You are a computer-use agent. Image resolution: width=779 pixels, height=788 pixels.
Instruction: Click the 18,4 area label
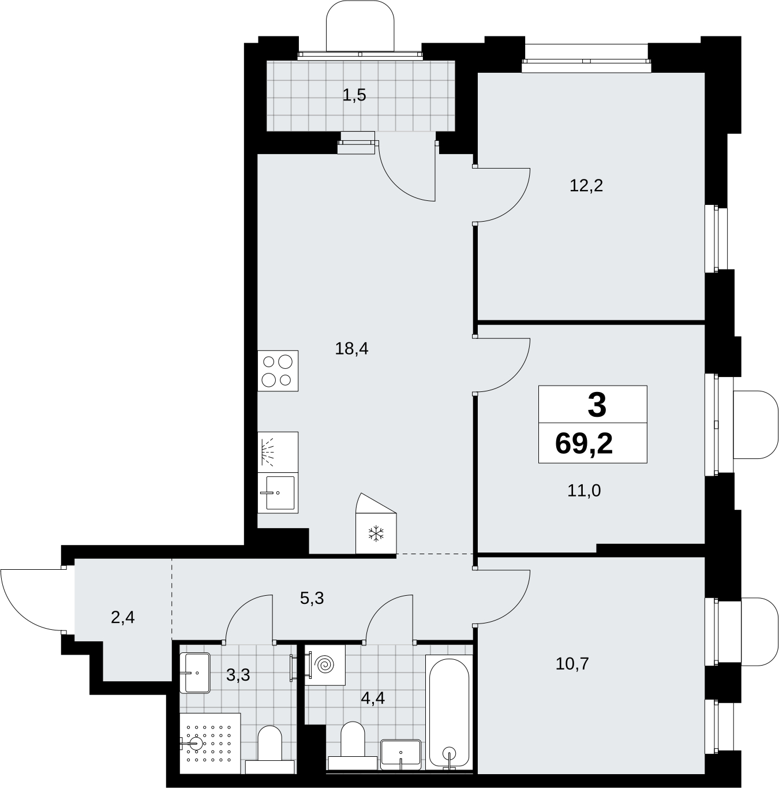(x=351, y=349)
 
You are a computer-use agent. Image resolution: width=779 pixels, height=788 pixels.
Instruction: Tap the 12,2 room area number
(x=586, y=186)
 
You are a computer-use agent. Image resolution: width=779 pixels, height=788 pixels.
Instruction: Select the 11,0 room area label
(x=584, y=490)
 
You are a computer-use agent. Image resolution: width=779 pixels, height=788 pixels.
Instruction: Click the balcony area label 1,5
(x=354, y=95)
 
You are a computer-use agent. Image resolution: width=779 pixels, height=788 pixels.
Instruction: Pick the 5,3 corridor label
(x=312, y=598)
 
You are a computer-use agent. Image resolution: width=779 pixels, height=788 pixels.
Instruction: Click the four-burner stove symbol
(x=278, y=371)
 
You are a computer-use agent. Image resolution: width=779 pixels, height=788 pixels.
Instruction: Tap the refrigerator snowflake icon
(x=376, y=533)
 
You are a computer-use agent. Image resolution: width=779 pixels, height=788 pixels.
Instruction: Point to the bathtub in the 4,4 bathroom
(x=449, y=712)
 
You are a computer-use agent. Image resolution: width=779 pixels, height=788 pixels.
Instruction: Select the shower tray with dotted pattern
(x=210, y=743)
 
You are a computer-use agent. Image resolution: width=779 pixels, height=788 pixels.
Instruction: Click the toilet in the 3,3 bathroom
(x=270, y=750)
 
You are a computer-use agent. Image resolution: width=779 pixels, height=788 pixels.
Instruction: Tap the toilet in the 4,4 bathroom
(x=352, y=746)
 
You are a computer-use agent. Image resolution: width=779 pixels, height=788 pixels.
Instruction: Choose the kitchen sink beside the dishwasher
(x=278, y=493)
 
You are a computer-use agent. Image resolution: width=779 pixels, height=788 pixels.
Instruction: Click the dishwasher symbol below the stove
(x=278, y=452)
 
